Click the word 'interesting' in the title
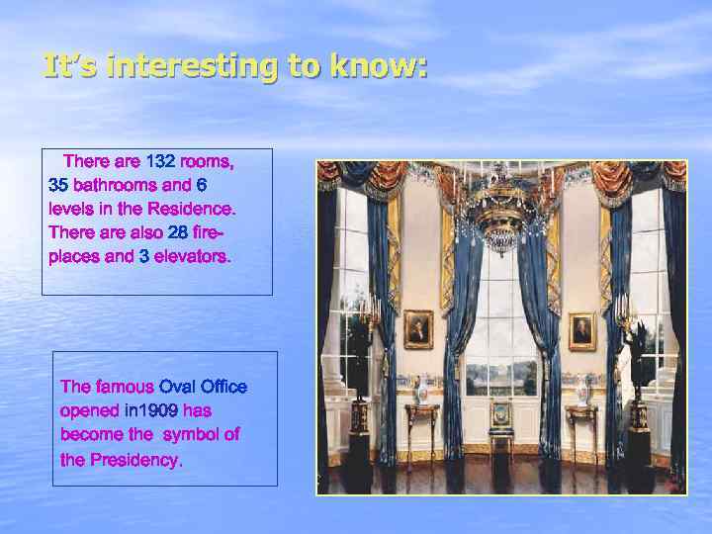(x=187, y=66)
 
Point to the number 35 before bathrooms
(x=58, y=185)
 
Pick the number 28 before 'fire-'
(x=178, y=232)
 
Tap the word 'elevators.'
(x=193, y=256)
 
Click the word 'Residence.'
(x=192, y=209)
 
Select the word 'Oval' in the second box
(x=178, y=386)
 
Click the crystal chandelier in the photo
(x=503, y=213)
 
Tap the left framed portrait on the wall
(x=418, y=328)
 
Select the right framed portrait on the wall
(x=582, y=331)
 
